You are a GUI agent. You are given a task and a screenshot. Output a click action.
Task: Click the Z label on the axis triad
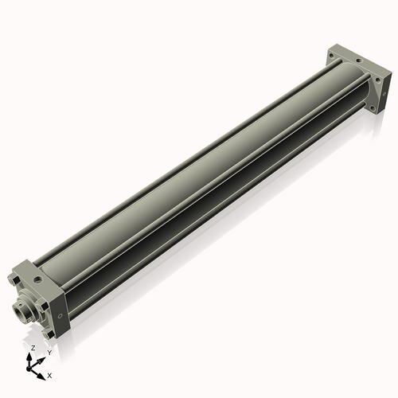coord(32,349)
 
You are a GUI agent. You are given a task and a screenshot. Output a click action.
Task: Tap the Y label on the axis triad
coord(49,352)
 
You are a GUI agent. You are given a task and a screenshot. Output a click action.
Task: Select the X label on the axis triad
coord(50,374)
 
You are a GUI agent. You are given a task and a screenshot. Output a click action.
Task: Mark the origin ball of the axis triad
coord(31,368)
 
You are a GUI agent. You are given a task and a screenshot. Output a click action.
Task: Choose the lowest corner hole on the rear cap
coord(371,106)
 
